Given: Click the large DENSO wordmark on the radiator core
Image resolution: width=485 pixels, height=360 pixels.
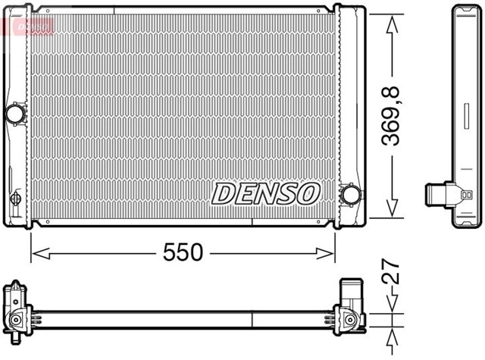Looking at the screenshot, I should (x=265, y=193).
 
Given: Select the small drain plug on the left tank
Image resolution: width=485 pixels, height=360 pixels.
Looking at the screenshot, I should (x=15, y=199).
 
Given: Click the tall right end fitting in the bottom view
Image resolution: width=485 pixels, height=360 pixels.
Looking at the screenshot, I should (x=351, y=307).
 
